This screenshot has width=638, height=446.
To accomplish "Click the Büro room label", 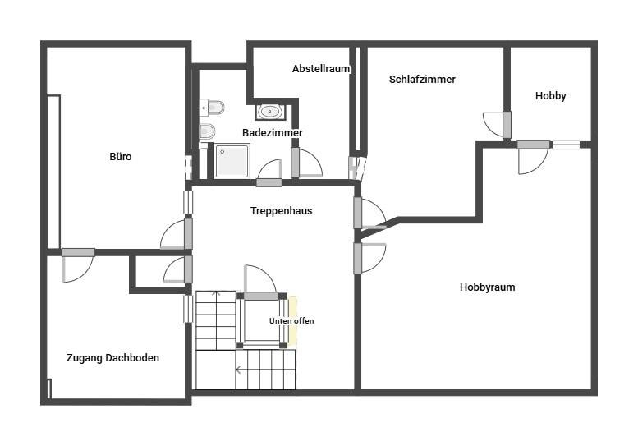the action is click(x=121, y=157).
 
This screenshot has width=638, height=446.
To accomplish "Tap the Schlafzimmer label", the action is click(x=422, y=80).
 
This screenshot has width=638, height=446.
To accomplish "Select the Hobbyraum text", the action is click(x=487, y=287).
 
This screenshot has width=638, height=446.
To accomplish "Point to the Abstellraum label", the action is click(x=321, y=69).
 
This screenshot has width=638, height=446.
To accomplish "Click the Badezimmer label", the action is click(x=273, y=133).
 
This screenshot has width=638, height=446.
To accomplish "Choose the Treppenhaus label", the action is click(x=281, y=211).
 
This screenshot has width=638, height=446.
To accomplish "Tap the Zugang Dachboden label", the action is click(x=112, y=358).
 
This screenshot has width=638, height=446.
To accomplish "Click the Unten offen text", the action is click(x=291, y=321).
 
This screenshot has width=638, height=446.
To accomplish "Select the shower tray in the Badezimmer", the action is click(x=232, y=161).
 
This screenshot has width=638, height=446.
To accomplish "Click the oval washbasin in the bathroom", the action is click(x=269, y=112).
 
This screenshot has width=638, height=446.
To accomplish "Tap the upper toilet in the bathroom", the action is click(x=212, y=108).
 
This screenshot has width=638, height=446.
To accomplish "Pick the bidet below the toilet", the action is click(x=207, y=131).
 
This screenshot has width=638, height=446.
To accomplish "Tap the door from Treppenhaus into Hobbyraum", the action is click(x=369, y=258).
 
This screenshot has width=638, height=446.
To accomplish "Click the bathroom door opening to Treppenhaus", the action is click(x=269, y=174).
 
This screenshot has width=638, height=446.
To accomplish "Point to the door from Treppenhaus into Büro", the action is click(x=177, y=234).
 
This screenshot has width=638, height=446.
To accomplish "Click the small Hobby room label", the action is click(x=550, y=96).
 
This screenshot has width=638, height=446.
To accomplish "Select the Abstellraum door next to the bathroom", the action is click(x=307, y=163).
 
